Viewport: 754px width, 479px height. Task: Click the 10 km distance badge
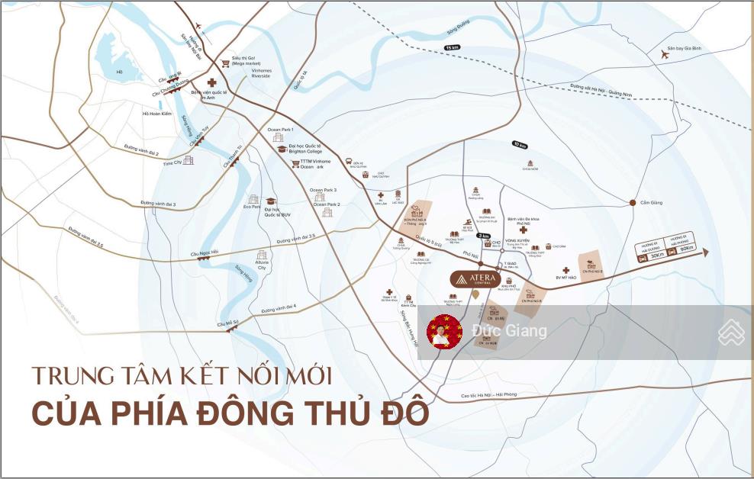520,144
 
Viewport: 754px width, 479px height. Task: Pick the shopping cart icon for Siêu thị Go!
224,64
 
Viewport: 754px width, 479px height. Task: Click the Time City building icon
188,160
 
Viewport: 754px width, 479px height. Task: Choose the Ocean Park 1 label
280,130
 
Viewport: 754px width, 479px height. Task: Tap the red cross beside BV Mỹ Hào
565,270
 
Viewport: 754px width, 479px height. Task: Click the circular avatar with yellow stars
444,331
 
